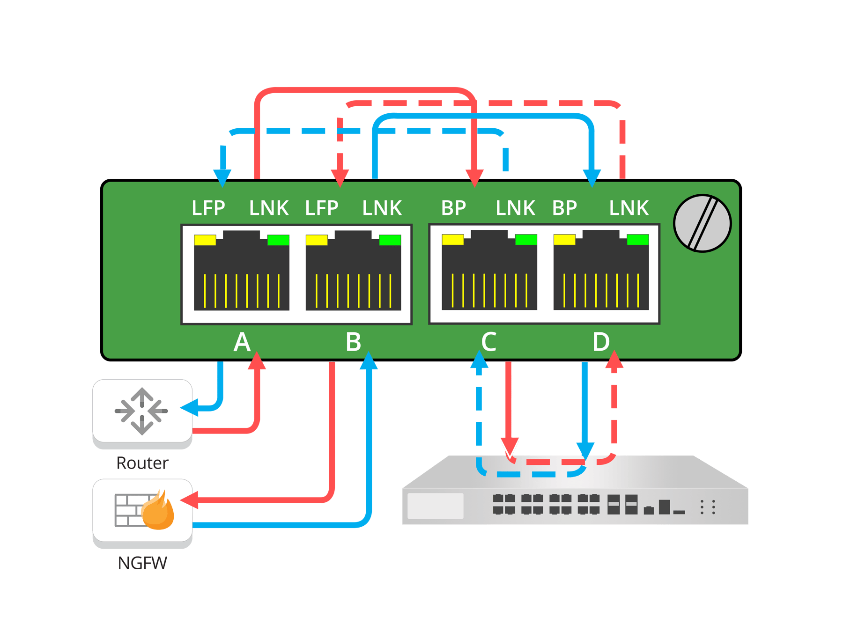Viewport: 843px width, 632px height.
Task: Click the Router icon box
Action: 142,412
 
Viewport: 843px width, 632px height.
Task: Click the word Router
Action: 142,463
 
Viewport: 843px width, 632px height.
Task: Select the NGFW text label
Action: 142,563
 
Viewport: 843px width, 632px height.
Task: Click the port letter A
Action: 242,342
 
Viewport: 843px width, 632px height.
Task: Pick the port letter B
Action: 354,342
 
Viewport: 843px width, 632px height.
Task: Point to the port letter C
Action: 489,342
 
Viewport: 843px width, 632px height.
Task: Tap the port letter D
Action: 601,342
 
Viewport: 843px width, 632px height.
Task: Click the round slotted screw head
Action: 702,223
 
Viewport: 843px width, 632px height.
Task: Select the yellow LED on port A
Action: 205,240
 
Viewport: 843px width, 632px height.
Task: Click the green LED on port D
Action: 637,240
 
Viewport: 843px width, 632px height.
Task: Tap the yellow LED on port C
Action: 453,240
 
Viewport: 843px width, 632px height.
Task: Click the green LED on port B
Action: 390,240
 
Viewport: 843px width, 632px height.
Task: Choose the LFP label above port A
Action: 208,208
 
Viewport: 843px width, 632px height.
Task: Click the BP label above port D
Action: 564,208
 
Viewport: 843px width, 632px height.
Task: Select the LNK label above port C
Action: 515,208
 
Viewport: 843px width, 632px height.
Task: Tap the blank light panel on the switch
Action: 435,506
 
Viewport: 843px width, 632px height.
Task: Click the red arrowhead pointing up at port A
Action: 257,361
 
